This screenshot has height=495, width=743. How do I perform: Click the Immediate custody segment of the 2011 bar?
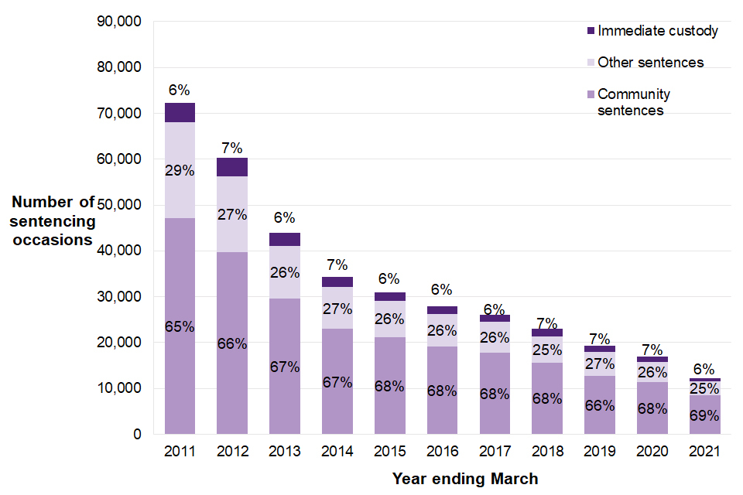(x=180, y=113)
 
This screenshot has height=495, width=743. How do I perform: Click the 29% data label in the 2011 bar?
(x=180, y=169)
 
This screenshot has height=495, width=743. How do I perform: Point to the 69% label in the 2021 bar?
(x=705, y=415)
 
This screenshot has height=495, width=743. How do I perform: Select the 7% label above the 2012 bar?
(x=232, y=148)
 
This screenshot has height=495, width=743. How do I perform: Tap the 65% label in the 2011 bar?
(x=180, y=326)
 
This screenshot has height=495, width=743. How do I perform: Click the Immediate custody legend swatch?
(x=591, y=32)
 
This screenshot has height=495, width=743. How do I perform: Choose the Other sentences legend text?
(x=650, y=63)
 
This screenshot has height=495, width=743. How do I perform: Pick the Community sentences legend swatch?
(x=591, y=94)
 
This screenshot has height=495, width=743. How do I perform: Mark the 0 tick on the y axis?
(x=137, y=434)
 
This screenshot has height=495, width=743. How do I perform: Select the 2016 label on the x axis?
(x=442, y=451)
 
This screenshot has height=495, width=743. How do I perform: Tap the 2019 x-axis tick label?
(x=600, y=451)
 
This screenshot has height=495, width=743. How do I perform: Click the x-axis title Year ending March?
(x=464, y=479)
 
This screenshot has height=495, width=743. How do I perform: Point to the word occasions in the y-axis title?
(x=53, y=240)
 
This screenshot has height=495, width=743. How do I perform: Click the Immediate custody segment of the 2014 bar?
(x=337, y=282)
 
